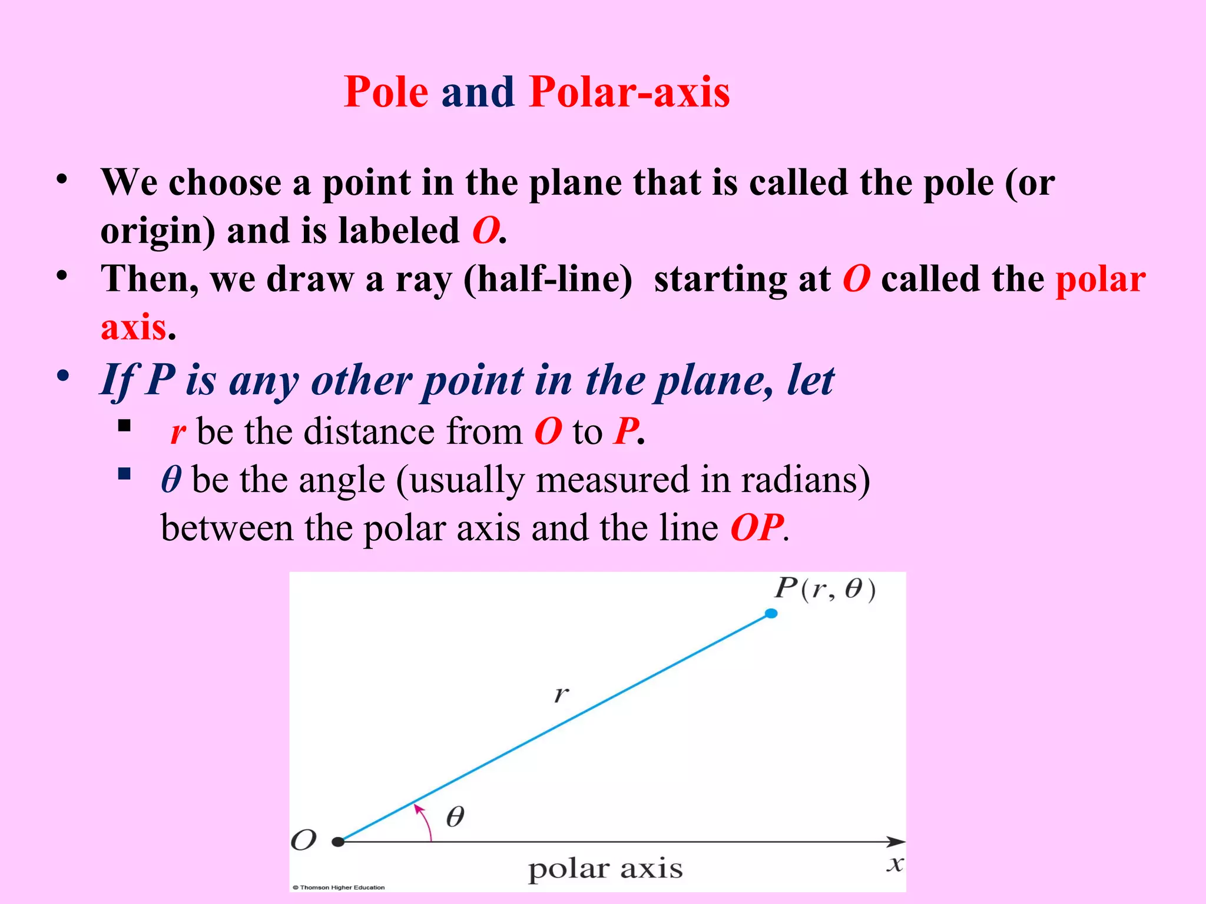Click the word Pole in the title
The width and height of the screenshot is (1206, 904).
(x=386, y=92)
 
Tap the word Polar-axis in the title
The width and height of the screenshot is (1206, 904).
(x=629, y=92)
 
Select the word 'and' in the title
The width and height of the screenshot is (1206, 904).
(x=478, y=92)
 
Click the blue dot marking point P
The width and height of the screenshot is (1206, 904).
(x=771, y=614)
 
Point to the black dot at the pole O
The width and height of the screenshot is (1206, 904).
(x=338, y=842)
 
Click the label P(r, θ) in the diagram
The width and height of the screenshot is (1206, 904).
(x=824, y=589)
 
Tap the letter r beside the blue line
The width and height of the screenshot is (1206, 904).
(x=561, y=694)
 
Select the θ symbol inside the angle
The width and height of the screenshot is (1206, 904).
(x=455, y=817)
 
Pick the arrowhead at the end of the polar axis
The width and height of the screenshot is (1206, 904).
(x=896, y=842)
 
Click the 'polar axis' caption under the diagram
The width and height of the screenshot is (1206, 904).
(x=605, y=869)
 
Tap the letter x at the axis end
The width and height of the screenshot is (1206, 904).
(x=895, y=864)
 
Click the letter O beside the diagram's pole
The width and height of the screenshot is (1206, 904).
(x=304, y=840)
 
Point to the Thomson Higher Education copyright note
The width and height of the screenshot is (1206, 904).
(x=339, y=888)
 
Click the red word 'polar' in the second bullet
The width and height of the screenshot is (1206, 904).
(x=1100, y=280)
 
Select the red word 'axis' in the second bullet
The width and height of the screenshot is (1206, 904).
(x=133, y=327)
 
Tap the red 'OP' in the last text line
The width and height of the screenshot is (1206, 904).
(x=757, y=527)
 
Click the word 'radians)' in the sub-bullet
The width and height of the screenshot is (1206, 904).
(x=805, y=480)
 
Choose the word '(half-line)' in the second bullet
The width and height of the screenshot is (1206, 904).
(x=548, y=280)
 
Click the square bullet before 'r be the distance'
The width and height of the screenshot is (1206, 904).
(x=124, y=426)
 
